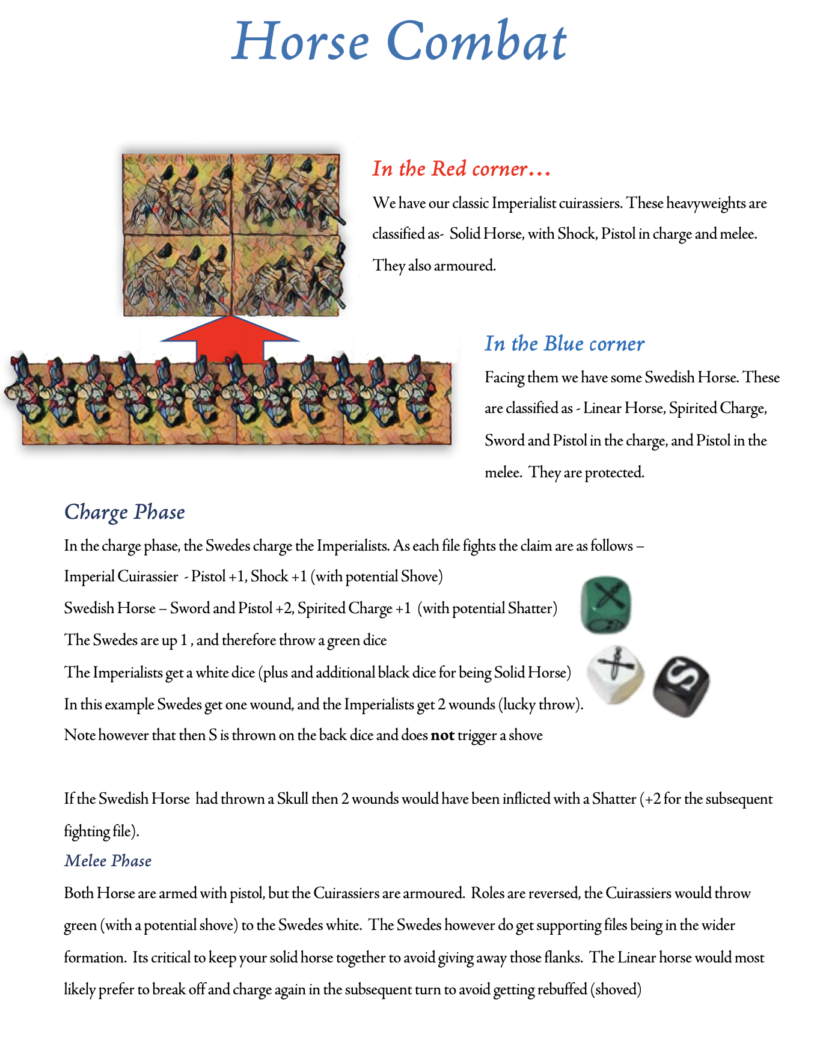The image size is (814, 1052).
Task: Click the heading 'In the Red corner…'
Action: click(x=461, y=169)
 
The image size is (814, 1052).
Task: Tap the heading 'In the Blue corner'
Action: click(x=565, y=344)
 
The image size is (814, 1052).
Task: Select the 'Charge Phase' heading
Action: click(x=124, y=512)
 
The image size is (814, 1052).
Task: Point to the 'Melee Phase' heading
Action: click(x=108, y=861)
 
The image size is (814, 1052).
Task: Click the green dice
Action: click(x=606, y=605)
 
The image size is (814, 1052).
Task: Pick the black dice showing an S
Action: click(x=682, y=687)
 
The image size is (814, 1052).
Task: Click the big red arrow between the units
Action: click(x=230, y=340)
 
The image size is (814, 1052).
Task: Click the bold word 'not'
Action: click(x=442, y=735)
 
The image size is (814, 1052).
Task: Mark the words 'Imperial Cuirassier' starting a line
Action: click(x=121, y=576)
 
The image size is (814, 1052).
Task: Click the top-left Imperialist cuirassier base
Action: click(x=177, y=194)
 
